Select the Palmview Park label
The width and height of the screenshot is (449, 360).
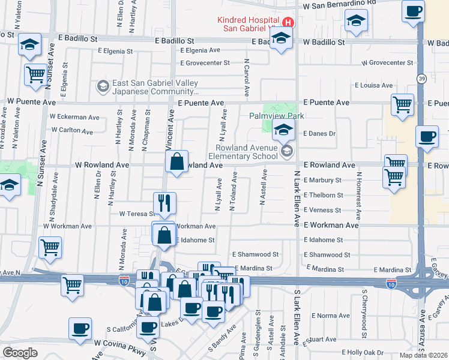(277, 116)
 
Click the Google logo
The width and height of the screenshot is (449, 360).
(20, 353)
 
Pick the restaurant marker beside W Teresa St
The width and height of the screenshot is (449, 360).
(164, 204)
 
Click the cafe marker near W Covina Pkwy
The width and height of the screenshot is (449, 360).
(80, 329)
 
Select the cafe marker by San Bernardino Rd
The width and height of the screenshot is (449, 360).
(414, 12)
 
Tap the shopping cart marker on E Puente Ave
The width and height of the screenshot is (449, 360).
(402, 105)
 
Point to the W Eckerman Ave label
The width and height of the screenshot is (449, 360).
(75, 117)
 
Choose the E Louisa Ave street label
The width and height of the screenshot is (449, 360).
(373, 86)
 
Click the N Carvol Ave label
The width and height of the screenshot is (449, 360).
(247, 78)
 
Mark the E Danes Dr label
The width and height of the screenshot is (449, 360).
(319, 133)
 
